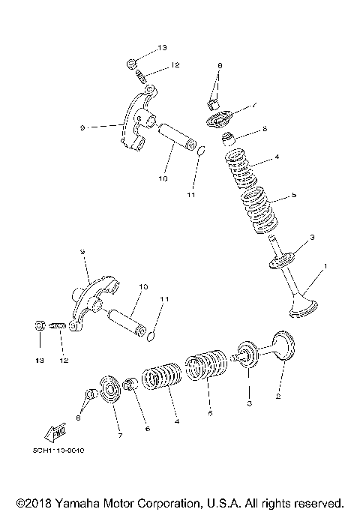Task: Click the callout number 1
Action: pos(325,266)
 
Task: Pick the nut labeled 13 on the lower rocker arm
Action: pos(40,326)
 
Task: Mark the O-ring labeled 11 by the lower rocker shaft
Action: pos(151,331)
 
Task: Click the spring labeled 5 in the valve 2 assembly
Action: pos(206,367)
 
